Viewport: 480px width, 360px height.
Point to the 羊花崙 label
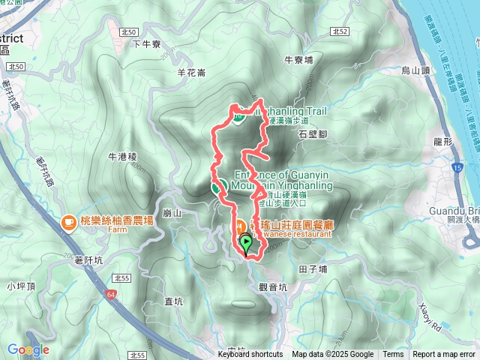[x=190, y=73]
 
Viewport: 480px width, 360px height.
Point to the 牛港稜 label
[x=121, y=157]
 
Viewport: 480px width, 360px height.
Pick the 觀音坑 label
[x=271, y=286]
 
